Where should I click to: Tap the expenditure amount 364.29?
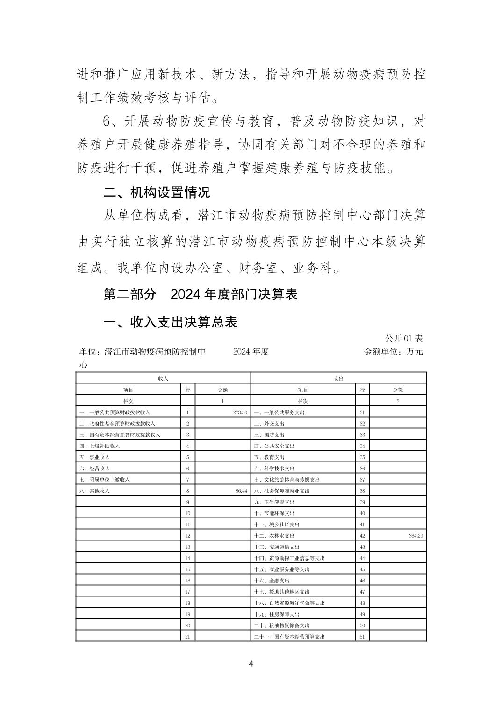[416, 536]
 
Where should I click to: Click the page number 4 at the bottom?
[251, 663]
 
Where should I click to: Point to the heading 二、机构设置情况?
[157, 192]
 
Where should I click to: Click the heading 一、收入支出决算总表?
[170, 322]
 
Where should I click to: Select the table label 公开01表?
[403, 339]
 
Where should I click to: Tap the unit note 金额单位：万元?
[393, 351]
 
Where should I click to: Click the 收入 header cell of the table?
[163, 378]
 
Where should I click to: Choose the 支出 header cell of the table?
[338, 378]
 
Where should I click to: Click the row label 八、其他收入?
[95, 491]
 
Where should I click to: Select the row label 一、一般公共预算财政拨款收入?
[115, 412]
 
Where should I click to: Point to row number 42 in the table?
[362, 536]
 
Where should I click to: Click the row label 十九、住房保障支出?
[277, 614]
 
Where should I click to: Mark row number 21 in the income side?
[187, 637]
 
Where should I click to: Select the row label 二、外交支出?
[269, 424]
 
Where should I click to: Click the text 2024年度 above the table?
[251, 351]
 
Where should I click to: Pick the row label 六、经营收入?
[95, 469]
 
